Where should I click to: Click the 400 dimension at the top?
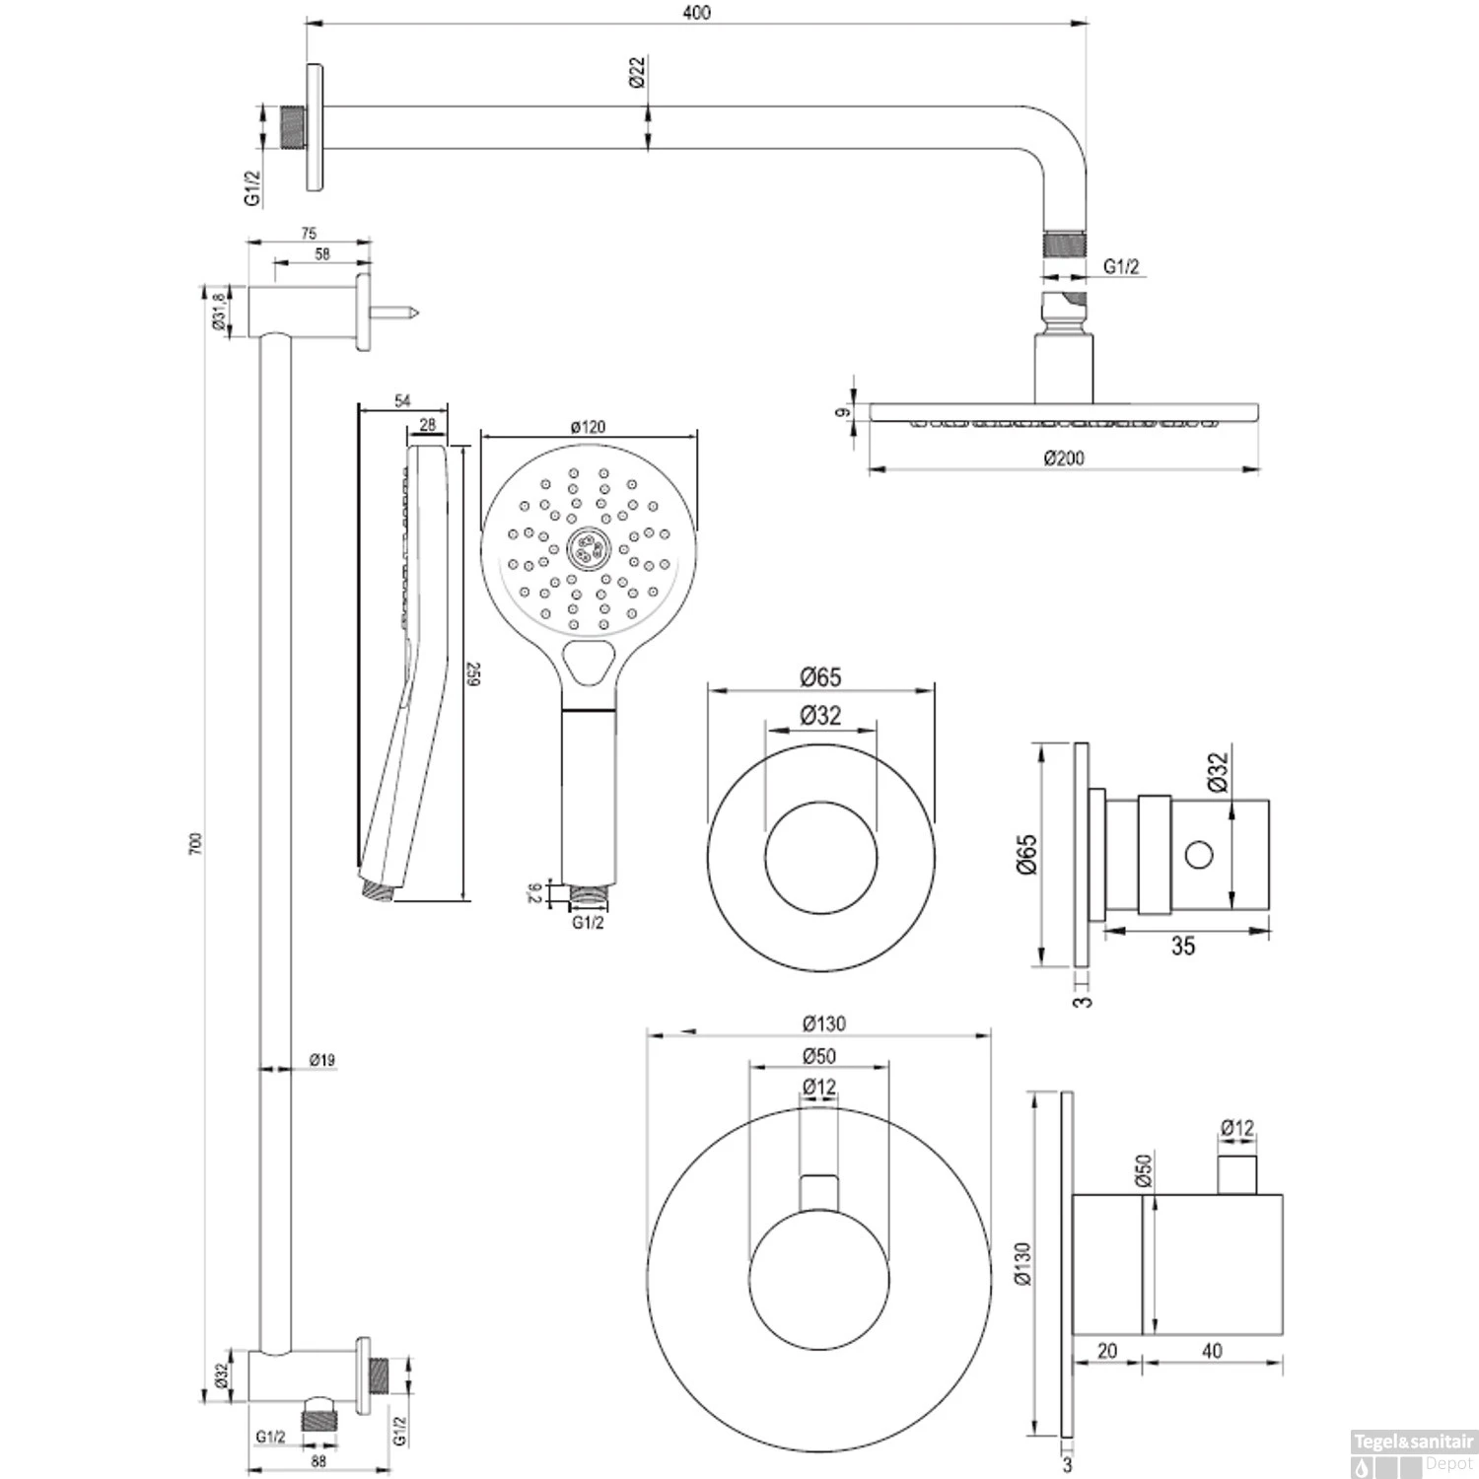(x=696, y=12)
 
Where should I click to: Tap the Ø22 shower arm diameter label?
(x=637, y=73)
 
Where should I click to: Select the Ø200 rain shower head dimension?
(x=1063, y=458)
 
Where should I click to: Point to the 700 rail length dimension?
(x=195, y=843)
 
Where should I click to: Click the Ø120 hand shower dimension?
(x=589, y=427)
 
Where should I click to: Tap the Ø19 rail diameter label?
(x=321, y=1060)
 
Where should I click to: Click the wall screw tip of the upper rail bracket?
(x=418, y=313)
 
